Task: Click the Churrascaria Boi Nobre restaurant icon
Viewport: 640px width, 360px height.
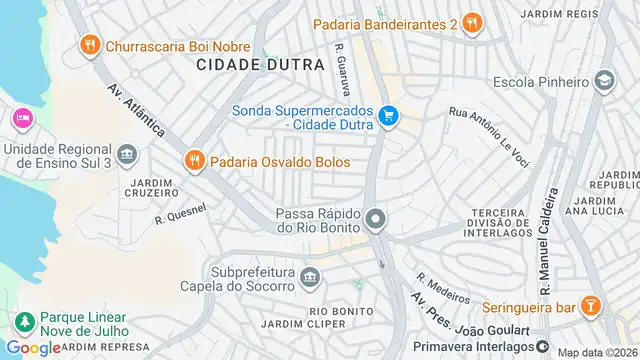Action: pos(90,44)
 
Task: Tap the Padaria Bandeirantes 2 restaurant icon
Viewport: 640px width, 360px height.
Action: pos(473,22)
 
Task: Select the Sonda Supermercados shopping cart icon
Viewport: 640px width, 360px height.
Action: pos(389,117)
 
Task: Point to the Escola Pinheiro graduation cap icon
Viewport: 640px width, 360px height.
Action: pos(604,79)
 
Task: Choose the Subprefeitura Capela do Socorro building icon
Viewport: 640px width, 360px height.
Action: pos(311,275)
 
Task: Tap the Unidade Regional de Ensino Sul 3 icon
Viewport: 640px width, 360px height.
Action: pos(126,153)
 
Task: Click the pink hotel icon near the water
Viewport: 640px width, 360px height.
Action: pos(22,118)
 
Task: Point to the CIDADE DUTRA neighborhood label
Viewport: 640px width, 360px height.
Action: pos(260,64)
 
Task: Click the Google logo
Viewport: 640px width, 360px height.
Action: pos(32,347)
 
